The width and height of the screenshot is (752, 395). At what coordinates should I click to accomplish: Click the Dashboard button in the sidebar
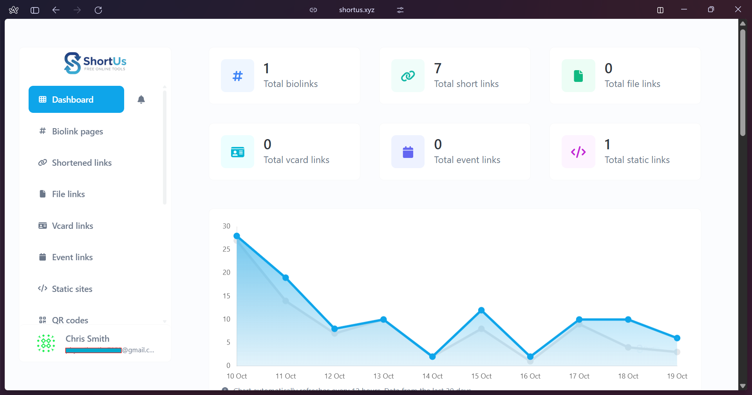[76, 100]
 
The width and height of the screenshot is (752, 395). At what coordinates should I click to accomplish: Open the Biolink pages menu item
[77, 132]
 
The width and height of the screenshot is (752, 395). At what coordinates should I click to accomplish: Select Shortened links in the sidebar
[81, 163]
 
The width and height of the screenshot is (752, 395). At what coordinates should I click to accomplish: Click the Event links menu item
[72, 257]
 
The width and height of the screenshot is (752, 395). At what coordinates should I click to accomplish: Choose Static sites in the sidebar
[72, 289]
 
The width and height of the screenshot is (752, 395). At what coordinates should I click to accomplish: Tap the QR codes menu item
[70, 320]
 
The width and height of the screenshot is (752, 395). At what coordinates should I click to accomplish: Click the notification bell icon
[141, 100]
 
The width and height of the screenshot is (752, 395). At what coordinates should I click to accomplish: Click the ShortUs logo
[95, 63]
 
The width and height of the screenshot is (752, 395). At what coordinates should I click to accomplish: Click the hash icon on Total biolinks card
[237, 76]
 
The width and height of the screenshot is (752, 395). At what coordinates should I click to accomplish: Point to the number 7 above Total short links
[438, 69]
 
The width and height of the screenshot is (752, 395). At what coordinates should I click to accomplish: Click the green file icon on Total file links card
[578, 76]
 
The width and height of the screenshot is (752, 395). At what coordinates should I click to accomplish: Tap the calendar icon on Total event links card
[408, 152]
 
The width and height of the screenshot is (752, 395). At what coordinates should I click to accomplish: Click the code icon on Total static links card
[578, 152]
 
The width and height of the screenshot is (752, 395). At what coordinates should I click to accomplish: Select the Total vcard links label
[296, 160]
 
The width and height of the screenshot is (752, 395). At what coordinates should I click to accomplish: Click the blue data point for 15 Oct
[481, 310]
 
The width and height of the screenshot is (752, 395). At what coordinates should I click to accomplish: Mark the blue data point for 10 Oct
[237, 236]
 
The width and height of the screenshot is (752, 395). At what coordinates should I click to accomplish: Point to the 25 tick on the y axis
[226, 249]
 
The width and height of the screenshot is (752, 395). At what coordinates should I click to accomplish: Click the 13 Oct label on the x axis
[383, 376]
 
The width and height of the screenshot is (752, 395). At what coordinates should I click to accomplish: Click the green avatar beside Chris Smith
[46, 344]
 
